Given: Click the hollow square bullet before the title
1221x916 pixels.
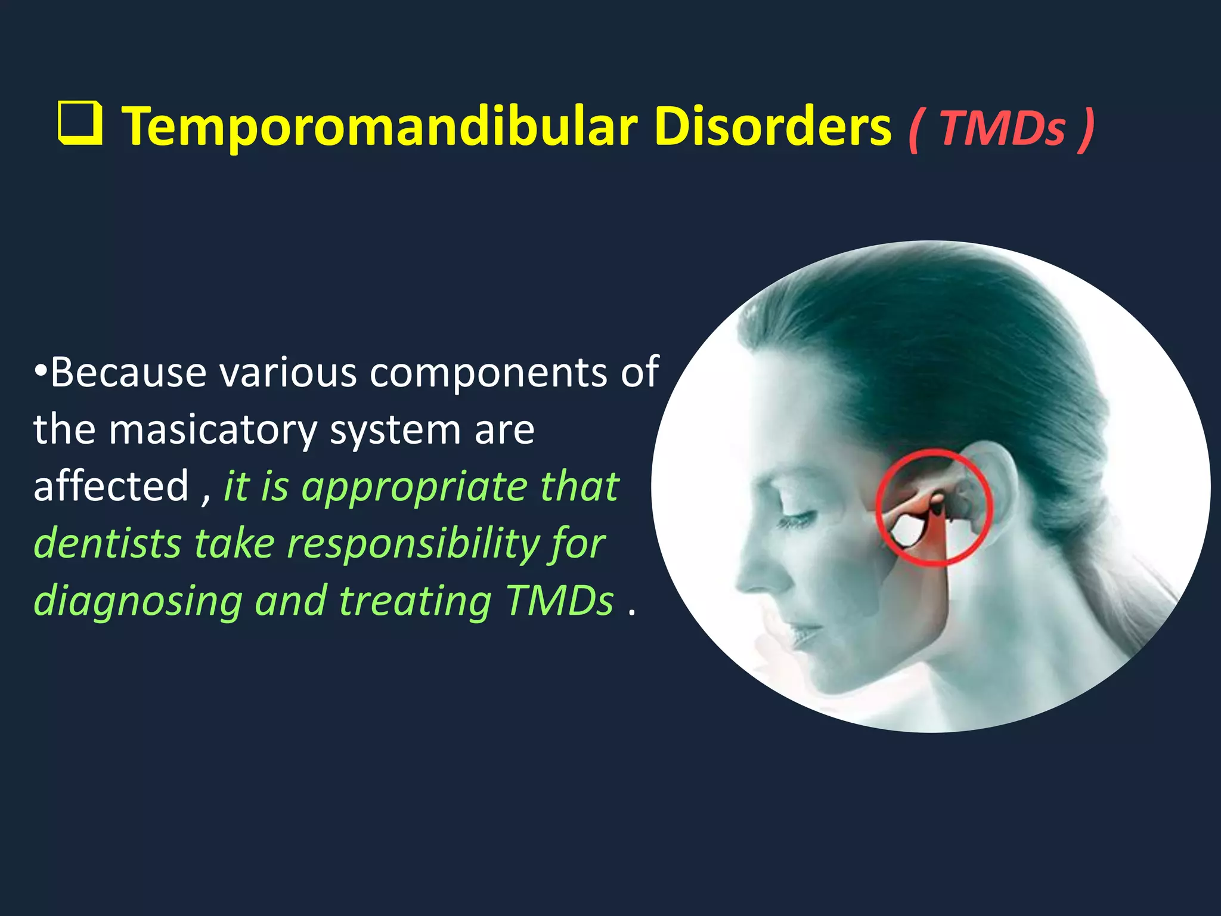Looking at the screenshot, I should (x=80, y=123).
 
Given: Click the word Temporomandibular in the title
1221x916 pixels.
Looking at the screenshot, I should (x=380, y=126).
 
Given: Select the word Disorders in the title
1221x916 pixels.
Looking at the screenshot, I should (x=773, y=126).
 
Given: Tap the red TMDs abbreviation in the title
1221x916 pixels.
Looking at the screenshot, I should (x=1002, y=129).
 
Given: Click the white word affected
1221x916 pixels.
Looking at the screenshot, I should (x=111, y=486).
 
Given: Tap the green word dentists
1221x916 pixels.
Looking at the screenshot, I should (x=107, y=544).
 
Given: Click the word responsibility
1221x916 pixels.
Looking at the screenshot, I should (x=413, y=544).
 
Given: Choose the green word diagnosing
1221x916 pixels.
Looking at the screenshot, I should (x=138, y=601).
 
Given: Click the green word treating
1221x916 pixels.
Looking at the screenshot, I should (x=415, y=601).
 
